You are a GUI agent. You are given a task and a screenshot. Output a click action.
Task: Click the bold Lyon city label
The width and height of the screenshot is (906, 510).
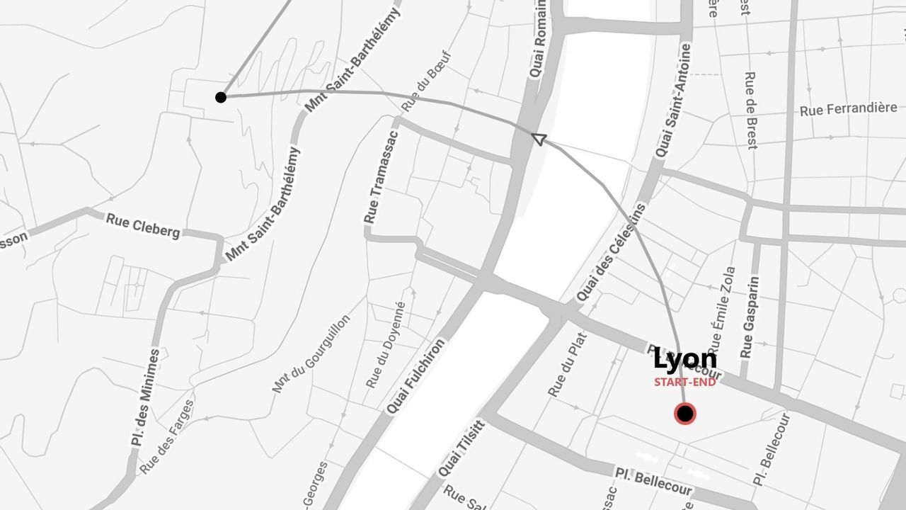click(x=684, y=360)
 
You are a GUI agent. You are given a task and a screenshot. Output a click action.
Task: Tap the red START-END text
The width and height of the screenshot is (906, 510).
click(x=684, y=382)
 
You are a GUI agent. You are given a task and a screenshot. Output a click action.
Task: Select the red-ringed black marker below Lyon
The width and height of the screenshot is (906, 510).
click(x=684, y=414)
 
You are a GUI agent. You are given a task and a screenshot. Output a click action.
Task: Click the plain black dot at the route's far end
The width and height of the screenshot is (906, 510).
click(x=221, y=97)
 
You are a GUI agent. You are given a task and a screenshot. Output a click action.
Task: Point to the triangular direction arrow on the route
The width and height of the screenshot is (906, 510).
click(x=539, y=139)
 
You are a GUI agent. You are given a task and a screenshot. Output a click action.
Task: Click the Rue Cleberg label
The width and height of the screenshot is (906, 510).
click(x=142, y=226)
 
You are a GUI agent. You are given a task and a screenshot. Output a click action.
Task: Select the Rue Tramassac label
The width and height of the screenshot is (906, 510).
click(x=380, y=176)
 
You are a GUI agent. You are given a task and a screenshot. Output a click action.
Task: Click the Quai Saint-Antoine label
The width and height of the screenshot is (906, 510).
click(x=672, y=101)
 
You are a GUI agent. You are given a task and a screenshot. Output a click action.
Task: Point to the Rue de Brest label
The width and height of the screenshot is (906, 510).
click(x=750, y=110)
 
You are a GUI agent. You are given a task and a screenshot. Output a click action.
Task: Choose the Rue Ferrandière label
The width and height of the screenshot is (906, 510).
click(x=848, y=109)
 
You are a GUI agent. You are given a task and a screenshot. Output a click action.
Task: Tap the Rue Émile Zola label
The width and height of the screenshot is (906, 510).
click(x=721, y=312)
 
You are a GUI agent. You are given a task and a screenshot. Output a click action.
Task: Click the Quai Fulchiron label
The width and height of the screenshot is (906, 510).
click(x=416, y=376)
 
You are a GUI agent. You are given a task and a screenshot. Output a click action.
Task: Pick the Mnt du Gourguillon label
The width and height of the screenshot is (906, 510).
click(x=311, y=353)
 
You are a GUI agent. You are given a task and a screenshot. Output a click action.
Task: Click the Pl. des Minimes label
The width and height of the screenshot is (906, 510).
click(x=145, y=397)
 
